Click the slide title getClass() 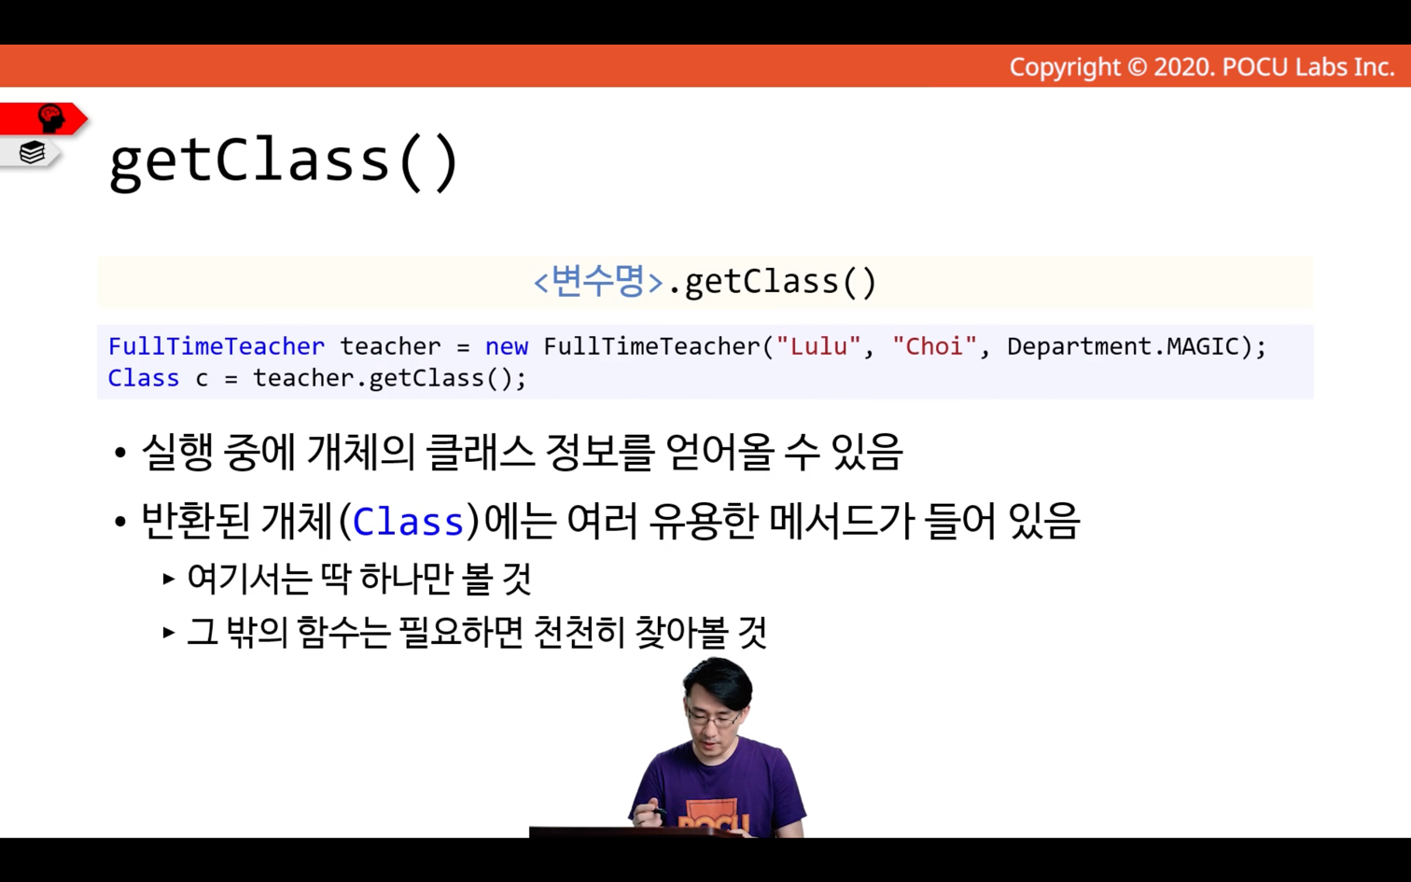click(284, 161)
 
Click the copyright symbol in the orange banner click(1137, 67)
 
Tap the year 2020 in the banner click(1183, 67)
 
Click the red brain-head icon click(50, 119)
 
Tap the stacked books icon click(32, 152)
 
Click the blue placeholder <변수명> click(598, 281)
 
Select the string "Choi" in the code click(935, 346)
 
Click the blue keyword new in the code click(507, 346)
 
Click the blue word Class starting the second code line click(144, 378)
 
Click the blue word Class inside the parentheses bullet click(408, 523)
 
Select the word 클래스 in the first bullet click(480, 452)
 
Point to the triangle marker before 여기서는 click(168, 579)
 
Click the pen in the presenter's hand click(657, 810)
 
